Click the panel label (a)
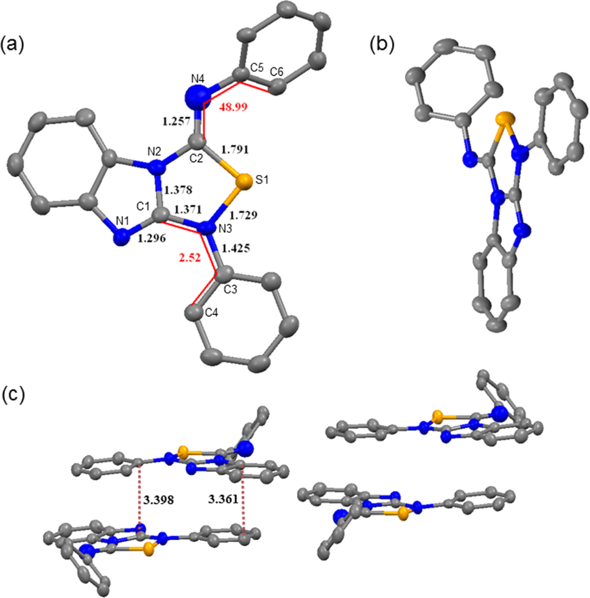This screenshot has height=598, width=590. pyautogui.click(x=12, y=45)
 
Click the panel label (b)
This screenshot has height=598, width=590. pyautogui.click(x=382, y=44)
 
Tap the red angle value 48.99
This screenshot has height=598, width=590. pyautogui.click(x=233, y=107)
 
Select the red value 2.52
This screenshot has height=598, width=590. pyautogui.click(x=190, y=258)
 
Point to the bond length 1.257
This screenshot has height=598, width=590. pyautogui.click(x=177, y=122)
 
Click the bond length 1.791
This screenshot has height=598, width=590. pyautogui.click(x=234, y=149)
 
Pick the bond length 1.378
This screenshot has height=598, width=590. pyautogui.click(x=178, y=190)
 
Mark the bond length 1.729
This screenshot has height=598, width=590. pyautogui.click(x=244, y=215)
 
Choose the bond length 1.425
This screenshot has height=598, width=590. pyautogui.click(x=236, y=249)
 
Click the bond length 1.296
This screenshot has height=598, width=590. pyautogui.click(x=152, y=239)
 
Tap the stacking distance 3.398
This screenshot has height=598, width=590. pyautogui.click(x=159, y=500)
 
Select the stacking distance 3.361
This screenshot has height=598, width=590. pyautogui.click(x=223, y=499)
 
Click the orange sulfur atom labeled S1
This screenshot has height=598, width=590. pyautogui.click(x=244, y=182)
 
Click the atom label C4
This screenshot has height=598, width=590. pyautogui.click(x=211, y=313)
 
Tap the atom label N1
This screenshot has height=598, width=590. pyautogui.click(x=122, y=221)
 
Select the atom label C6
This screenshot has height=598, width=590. pyautogui.click(x=276, y=72)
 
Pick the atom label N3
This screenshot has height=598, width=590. pyautogui.click(x=225, y=229)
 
